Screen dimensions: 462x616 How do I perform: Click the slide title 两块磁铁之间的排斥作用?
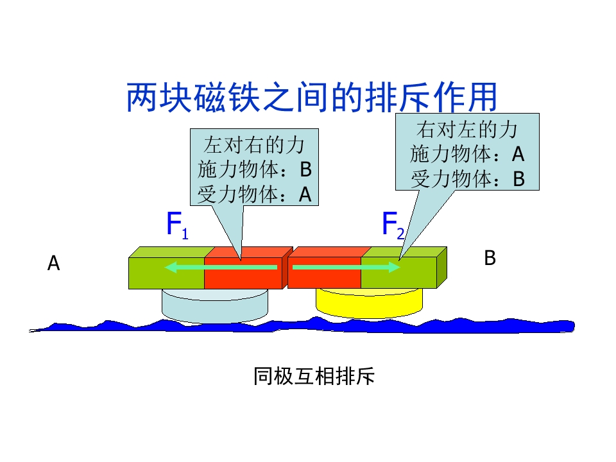click(312, 98)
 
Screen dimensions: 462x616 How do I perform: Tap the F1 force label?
click(176, 225)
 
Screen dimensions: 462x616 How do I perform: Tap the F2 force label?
click(393, 225)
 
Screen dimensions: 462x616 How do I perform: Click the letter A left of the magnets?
click(54, 263)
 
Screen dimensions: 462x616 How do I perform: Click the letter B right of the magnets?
click(490, 258)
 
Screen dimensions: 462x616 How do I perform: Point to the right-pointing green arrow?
click(346, 267)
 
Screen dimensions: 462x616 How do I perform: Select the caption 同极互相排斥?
click(313, 377)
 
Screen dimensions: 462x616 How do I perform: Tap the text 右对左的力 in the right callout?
click(467, 130)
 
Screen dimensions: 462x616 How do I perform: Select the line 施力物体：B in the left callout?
click(254, 169)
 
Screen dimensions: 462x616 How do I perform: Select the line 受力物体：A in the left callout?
click(254, 194)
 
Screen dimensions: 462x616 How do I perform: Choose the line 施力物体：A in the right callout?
click(467, 155)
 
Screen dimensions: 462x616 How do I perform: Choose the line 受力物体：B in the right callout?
click(467, 179)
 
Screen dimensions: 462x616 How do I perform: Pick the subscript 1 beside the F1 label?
click(185, 235)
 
